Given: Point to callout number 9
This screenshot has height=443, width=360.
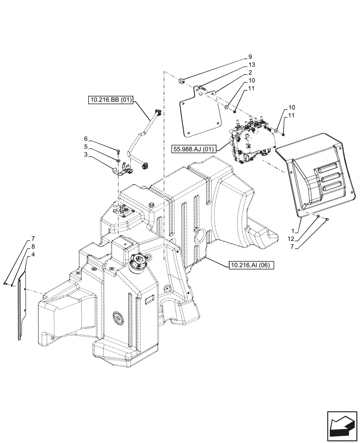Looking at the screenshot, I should pyautogui.click(x=250, y=57).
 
